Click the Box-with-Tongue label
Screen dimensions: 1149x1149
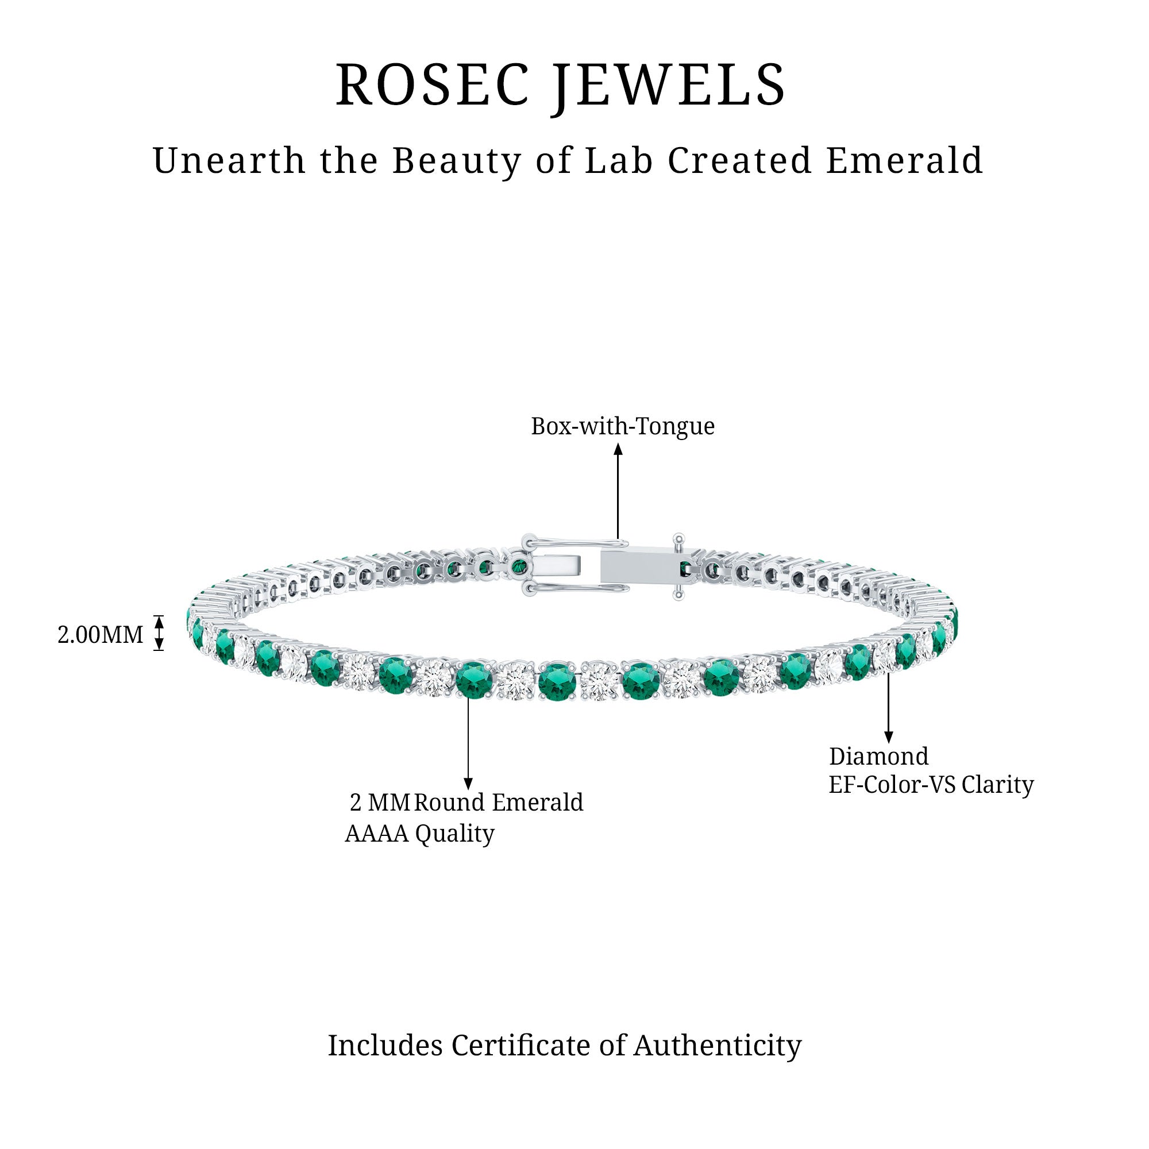[623, 426]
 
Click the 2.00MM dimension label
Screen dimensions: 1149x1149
[100, 635]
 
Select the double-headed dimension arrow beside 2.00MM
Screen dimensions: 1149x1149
[159, 633]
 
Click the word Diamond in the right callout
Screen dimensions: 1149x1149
[878, 756]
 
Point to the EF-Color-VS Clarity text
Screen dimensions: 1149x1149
[931, 784]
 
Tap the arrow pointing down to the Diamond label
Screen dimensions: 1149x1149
[889, 707]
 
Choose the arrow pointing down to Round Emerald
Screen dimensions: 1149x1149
[468, 743]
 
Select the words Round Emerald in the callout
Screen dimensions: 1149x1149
[498, 802]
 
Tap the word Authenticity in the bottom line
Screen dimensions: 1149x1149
[717, 1046]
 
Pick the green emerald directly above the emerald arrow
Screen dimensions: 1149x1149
[475, 678]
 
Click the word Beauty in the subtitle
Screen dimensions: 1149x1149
[456, 161]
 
